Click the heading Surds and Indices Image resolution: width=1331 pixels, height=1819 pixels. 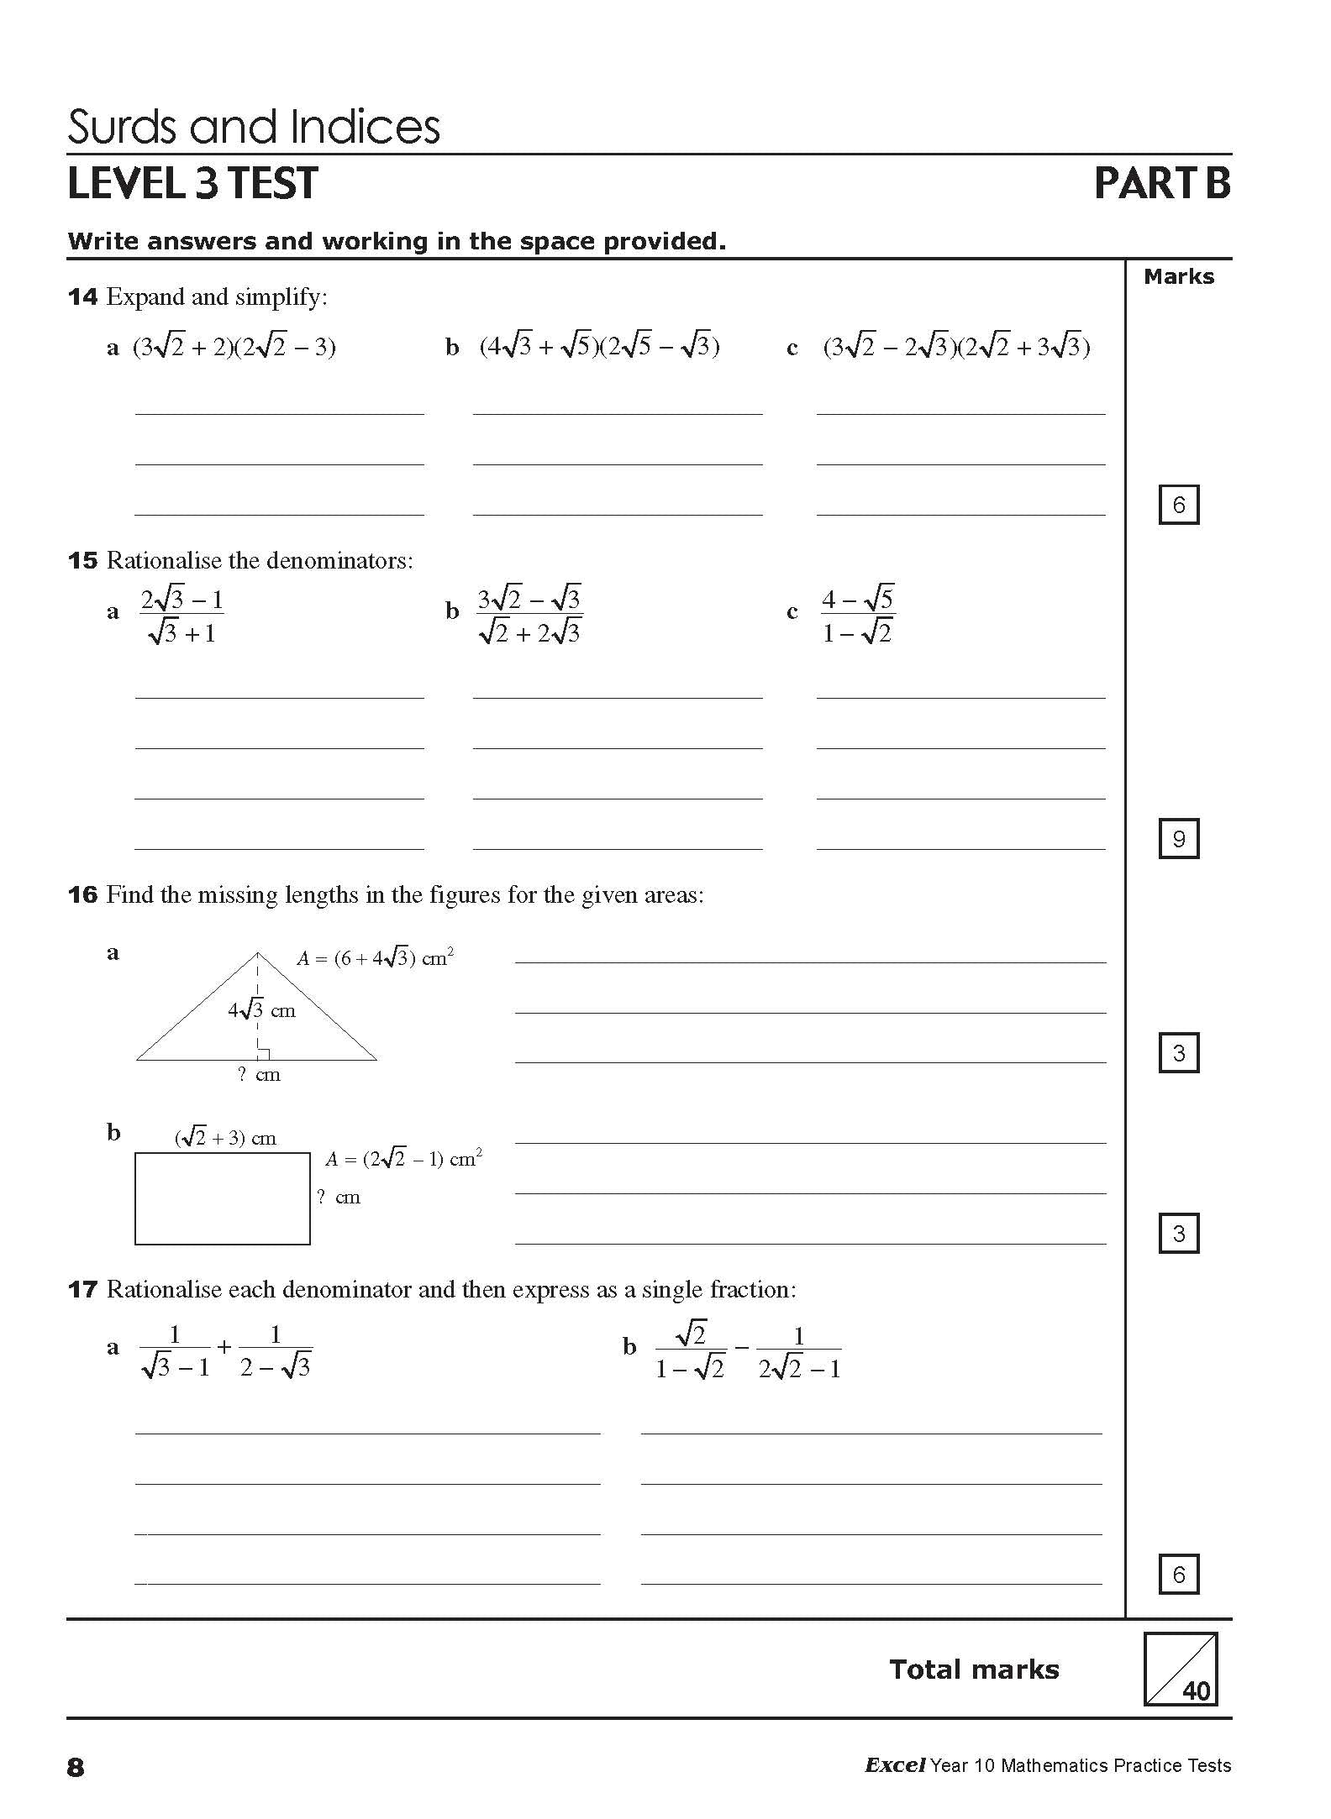[x=253, y=128]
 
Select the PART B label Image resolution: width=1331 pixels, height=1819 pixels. [x=1162, y=184]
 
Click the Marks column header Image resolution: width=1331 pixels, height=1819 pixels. [x=1178, y=277]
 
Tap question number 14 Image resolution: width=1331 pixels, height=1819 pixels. [x=82, y=297]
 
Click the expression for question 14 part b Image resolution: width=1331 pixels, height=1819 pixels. [x=599, y=346]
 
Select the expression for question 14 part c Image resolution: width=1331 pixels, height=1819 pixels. [x=956, y=346]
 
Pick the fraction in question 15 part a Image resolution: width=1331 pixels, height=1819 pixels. [x=181, y=616]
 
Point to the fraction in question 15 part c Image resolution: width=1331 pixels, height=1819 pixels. [x=857, y=616]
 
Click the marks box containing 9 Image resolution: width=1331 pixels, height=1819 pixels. [x=1178, y=838]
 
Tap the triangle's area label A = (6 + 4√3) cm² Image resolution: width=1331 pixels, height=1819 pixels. [x=376, y=957]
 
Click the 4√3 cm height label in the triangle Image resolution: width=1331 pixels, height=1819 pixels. [x=261, y=1010]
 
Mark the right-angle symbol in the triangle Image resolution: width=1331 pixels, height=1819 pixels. [x=263, y=1054]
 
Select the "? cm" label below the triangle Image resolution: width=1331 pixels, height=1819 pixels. [x=259, y=1075]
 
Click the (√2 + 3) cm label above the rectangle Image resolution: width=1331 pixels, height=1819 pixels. [x=225, y=1138]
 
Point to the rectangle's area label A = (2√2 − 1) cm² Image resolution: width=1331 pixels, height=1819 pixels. [x=403, y=1159]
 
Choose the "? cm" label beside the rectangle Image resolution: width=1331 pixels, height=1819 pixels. [x=339, y=1198]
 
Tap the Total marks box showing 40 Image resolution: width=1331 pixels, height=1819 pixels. [x=1180, y=1669]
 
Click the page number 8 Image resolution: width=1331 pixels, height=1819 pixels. [x=76, y=1768]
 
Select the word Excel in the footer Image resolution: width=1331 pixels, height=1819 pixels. [x=895, y=1765]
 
